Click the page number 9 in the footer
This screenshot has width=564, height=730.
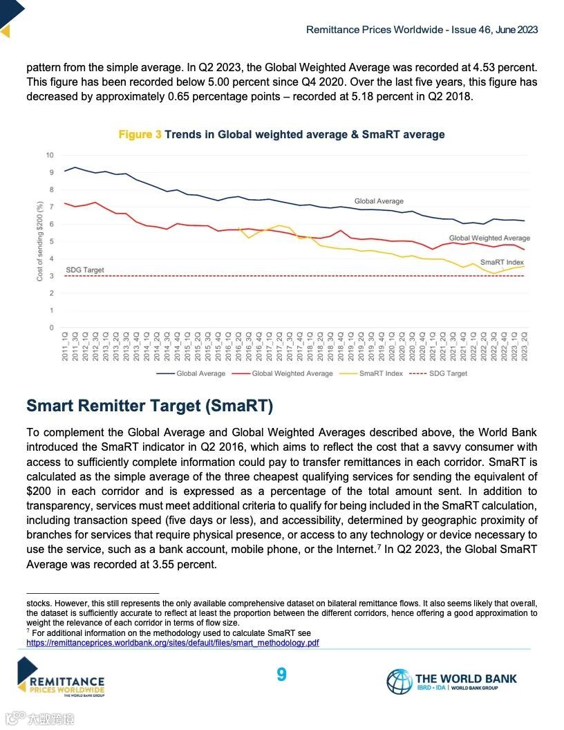point(281,675)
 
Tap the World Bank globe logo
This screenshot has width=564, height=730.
point(399,682)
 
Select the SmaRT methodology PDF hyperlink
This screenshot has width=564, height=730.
point(172,642)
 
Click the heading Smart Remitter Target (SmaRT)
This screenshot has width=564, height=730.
point(149,405)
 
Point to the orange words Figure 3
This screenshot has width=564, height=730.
point(140,134)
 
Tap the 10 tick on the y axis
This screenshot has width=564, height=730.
point(50,154)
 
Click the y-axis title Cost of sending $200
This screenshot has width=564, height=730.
point(41,241)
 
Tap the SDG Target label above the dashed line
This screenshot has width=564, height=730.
point(85,270)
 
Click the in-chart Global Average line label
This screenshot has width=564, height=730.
point(379,201)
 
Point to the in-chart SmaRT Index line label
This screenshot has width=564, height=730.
point(502,262)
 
